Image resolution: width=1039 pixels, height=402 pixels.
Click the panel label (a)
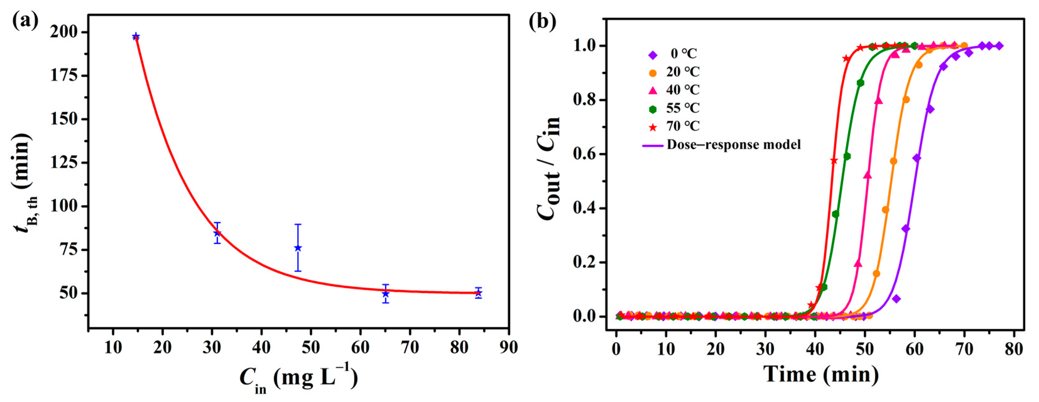pos(25,21)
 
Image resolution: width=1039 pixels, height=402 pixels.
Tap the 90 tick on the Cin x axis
pos(508,347)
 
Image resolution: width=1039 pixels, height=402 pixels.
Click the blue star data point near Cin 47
pos(298,248)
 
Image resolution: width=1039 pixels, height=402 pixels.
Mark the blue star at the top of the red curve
pos(136,36)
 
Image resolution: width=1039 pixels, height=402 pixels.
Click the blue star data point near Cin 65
pos(386,294)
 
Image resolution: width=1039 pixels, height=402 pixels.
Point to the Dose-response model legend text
pos(733,145)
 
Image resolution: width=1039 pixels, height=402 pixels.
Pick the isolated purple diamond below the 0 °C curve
pos(896,299)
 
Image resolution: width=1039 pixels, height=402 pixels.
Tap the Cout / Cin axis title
pos(549,168)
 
